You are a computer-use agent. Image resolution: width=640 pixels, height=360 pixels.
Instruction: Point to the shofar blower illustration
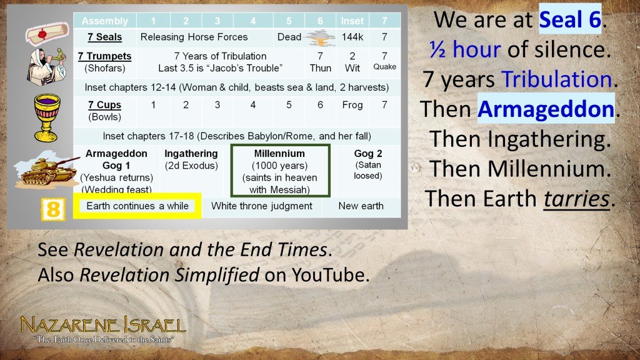tap(47, 69)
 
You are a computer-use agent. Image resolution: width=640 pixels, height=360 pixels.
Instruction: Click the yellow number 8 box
tap(53, 209)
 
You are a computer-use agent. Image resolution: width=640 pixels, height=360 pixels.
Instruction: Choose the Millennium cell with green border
tap(279, 171)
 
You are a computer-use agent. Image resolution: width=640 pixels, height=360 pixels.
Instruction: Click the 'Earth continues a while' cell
tap(137, 206)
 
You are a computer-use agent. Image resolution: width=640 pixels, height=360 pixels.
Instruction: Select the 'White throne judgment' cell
tap(261, 206)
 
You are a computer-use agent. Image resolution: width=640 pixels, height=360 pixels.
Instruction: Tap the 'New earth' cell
tap(361, 206)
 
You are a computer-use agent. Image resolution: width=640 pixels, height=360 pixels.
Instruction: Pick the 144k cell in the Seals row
tap(352, 37)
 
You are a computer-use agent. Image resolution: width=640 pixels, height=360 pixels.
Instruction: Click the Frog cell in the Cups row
tap(352, 104)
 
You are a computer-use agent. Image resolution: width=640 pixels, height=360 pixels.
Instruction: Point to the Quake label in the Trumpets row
tap(385, 67)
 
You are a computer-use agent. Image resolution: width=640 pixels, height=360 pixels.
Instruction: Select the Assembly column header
tap(104, 21)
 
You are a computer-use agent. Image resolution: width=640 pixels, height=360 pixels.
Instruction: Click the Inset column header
tap(352, 21)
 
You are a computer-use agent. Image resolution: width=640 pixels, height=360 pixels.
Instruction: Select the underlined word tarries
tap(576, 199)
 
